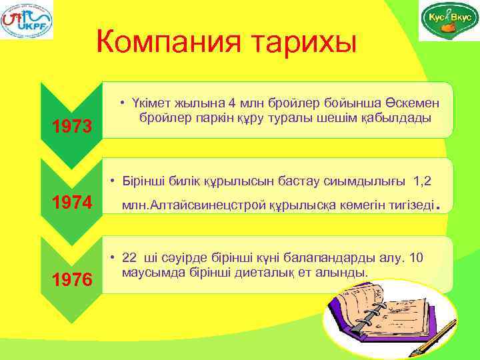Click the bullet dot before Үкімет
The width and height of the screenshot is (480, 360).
click(123, 103)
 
